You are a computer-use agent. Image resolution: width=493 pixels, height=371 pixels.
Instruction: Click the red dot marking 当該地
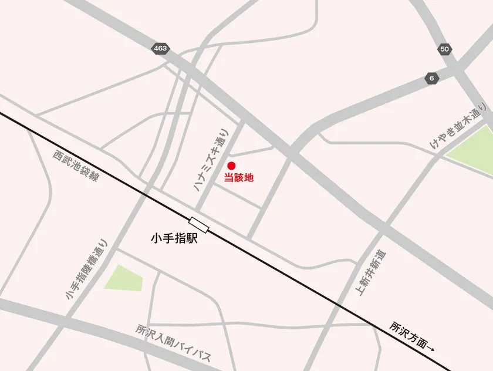pyautogui.click(x=231, y=166)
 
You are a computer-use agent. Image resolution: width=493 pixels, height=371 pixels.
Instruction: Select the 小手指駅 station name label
pyautogui.click(x=175, y=240)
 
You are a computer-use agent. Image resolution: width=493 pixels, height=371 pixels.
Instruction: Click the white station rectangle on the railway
pyautogui.click(x=199, y=224)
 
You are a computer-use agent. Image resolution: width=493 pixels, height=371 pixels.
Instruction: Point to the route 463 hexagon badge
pyautogui.click(x=160, y=49)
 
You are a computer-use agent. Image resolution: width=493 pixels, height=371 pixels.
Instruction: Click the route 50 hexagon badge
pyautogui.click(x=444, y=49)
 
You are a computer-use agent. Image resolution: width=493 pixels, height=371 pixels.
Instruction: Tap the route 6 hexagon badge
pyautogui.click(x=432, y=78)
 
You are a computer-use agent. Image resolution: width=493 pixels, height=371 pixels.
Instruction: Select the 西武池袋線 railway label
pyautogui.click(x=76, y=166)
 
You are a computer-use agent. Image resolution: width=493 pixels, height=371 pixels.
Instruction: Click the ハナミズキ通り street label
pyautogui.click(x=210, y=159)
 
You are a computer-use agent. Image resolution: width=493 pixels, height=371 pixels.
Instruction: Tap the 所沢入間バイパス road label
pyautogui.click(x=173, y=343)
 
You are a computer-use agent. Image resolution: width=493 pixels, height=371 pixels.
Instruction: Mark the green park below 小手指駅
pyautogui.click(x=124, y=278)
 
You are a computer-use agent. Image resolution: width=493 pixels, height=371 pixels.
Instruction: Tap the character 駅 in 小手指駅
pyautogui.click(x=192, y=240)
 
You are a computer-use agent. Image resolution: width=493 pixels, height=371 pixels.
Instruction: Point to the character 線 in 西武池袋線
pyautogui.click(x=94, y=177)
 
